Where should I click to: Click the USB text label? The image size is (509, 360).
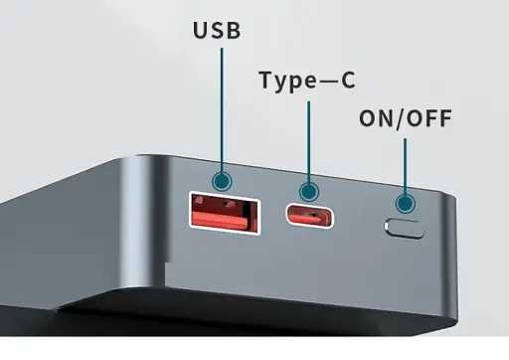[216, 31]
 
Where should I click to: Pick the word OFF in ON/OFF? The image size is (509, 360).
[430, 119]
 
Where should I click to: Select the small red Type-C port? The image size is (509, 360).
[309, 215]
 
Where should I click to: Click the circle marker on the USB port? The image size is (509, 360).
[221, 181]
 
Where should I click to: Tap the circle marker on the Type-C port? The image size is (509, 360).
[310, 190]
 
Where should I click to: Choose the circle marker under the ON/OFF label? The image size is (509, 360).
[405, 204]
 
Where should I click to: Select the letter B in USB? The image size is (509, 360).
[235, 31]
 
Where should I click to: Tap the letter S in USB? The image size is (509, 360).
[216, 31]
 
